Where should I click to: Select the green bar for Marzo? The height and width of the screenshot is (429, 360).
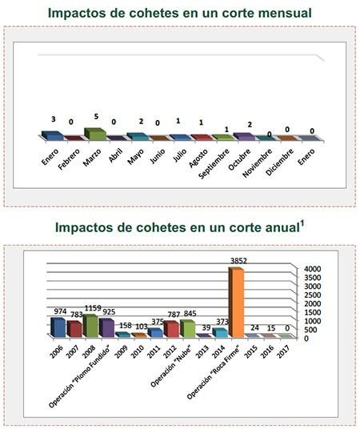click(x=95, y=134)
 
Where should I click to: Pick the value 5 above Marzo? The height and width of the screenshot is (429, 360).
click(x=96, y=117)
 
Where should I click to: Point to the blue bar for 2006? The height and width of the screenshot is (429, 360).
click(x=57, y=327)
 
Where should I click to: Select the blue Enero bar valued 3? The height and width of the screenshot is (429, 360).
click(x=54, y=136)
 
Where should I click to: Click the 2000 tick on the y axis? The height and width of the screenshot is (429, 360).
click(x=311, y=303)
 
